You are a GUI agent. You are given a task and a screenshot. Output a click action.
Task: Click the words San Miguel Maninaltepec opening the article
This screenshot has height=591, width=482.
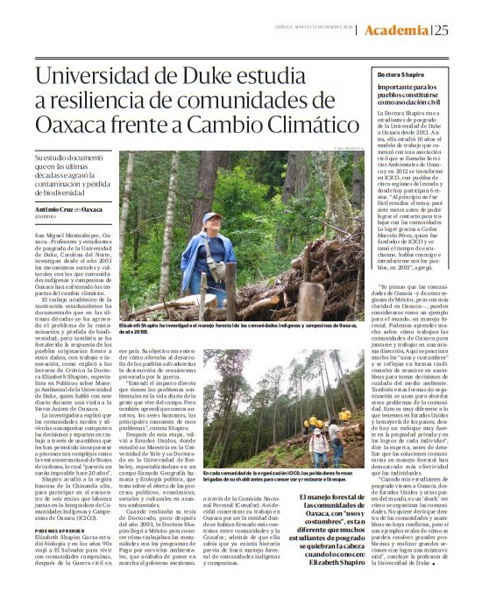[53, 236]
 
